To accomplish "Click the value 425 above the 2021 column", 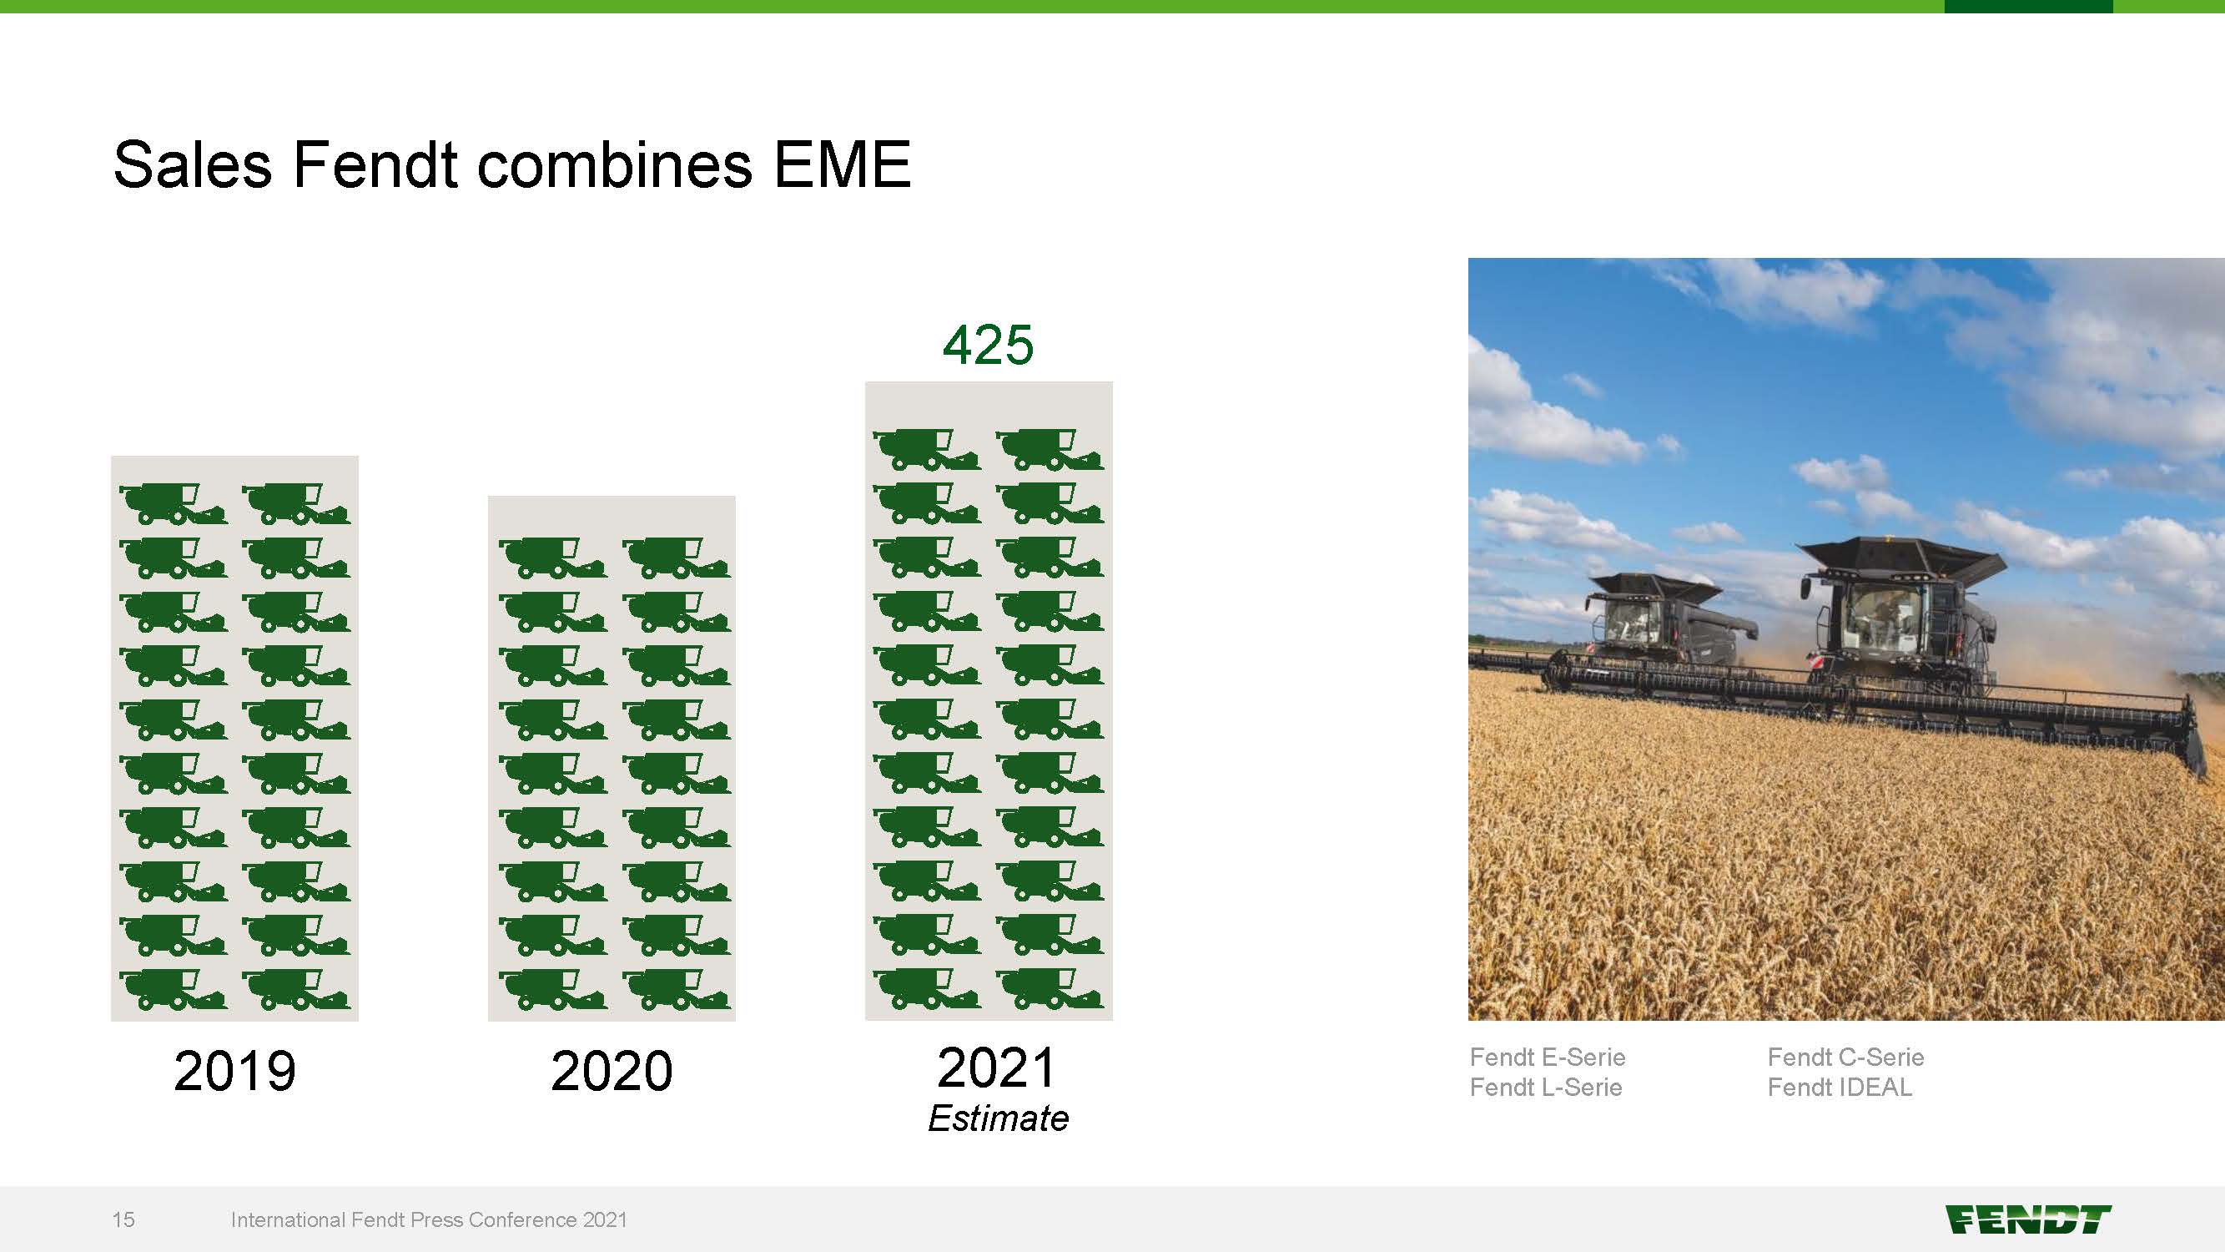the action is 988,345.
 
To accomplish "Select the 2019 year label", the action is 235,1071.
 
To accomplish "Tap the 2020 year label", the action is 612,1071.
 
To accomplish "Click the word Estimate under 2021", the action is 998,1118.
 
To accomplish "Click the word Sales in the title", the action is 192,164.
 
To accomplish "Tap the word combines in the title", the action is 614,164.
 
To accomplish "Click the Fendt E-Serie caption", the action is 1547,1057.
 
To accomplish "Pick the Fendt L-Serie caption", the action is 1545,1087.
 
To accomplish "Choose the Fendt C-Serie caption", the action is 1845,1057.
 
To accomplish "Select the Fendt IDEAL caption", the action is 1839,1087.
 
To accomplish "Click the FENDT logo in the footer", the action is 2028,1220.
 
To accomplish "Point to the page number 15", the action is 123,1219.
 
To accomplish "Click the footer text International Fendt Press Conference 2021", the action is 429,1219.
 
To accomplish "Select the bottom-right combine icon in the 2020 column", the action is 677,989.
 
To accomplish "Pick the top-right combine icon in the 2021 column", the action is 1050,449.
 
